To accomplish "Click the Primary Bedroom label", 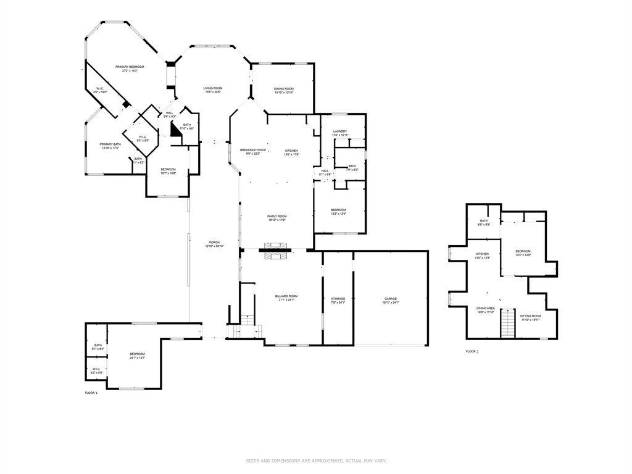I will [x=130, y=67].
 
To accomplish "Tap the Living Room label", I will [x=213, y=88].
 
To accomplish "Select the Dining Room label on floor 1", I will [x=284, y=89].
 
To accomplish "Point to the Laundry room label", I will [x=340, y=131].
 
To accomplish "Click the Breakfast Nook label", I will [x=253, y=151].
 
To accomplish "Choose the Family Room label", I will [x=277, y=216].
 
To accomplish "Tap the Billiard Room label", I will [x=286, y=296].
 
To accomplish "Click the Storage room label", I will [x=338, y=299].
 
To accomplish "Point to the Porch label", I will [x=214, y=242].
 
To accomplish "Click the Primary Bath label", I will [x=110, y=144].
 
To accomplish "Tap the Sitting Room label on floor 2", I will [x=531, y=316].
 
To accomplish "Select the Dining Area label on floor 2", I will [x=486, y=308].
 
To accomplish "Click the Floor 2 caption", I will [x=472, y=351].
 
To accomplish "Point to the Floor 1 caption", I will [x=91, y=393].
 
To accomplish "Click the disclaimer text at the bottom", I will [x=316, y=460].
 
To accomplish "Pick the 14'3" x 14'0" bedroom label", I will [x=523, y=251].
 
